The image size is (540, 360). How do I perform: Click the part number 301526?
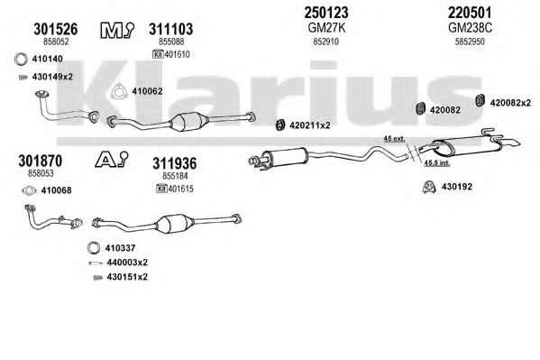(x=56, y=29)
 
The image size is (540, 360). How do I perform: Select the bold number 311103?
(x=170, y=29)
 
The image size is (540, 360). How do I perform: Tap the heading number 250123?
(x=326, y=13)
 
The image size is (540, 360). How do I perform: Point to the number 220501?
(x=470, y=13)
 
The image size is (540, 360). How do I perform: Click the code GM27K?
(x=326, y=28)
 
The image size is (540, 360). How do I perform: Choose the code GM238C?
(x=470, y=28)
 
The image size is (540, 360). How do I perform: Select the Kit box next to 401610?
(x=158, y=54)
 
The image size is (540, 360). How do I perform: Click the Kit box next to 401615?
(x=161, y=189)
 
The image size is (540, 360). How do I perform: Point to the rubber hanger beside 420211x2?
(x=280, y=125)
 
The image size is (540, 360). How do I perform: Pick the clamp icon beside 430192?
(x=429, y=187)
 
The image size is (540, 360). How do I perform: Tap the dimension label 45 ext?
(x=394, y=139)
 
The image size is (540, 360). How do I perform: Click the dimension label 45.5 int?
(x=436, y=162)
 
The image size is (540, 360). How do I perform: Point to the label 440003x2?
(x=127, y=263)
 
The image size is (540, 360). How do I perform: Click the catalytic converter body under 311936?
(x=175, y=224)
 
